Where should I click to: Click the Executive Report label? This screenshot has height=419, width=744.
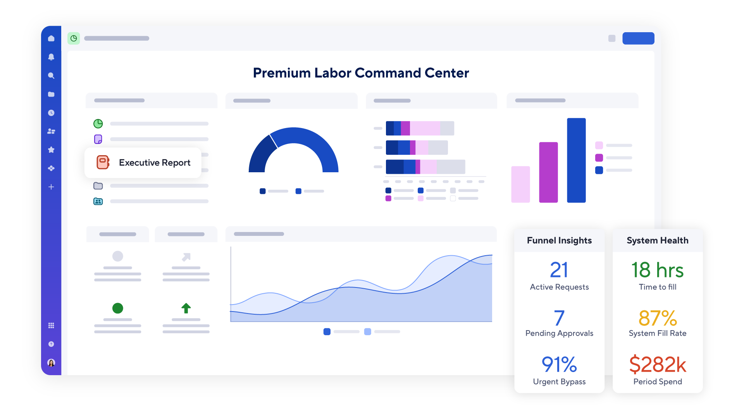154,163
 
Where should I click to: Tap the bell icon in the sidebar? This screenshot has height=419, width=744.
51,57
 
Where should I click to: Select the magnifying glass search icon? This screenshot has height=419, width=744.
51,76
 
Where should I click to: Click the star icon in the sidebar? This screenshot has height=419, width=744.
51,150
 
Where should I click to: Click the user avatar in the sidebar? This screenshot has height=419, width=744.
51,363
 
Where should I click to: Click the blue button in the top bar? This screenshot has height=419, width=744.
638,38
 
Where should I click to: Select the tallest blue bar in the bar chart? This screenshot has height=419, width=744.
576,160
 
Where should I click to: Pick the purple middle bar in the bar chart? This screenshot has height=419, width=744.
548,172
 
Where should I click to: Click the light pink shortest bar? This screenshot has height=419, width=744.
520,184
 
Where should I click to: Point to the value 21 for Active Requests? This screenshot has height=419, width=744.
559,270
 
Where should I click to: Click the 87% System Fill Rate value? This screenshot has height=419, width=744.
658,318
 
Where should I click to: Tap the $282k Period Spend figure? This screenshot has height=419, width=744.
658,365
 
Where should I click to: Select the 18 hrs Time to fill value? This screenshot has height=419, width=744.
658,270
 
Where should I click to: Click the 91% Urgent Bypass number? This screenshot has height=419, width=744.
559,365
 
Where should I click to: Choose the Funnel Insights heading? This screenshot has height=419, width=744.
559,241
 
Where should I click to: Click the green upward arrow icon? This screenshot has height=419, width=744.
186,308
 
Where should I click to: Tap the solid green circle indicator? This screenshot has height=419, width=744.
118,308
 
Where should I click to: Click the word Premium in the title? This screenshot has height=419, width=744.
282,73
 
